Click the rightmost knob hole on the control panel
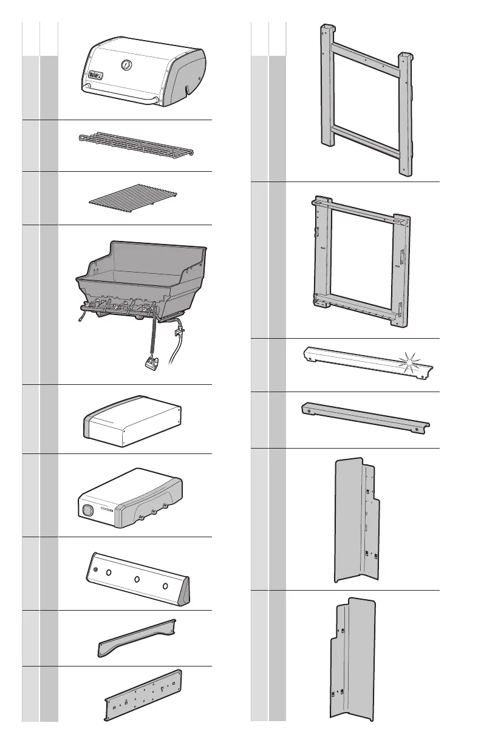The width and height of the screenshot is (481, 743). pos(165,586)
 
